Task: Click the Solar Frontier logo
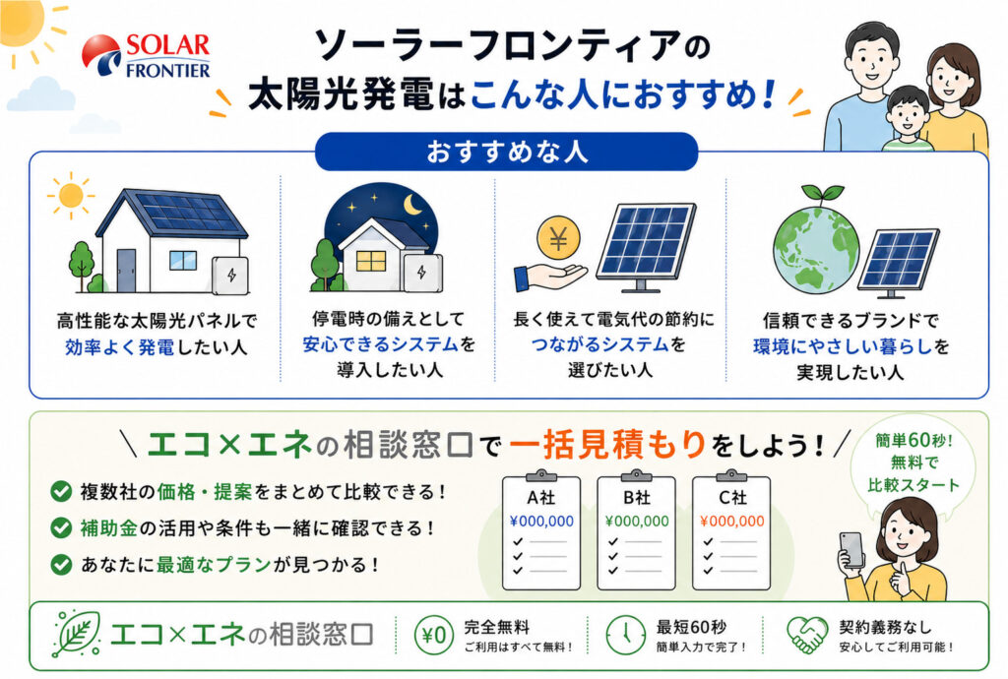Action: point(147,56)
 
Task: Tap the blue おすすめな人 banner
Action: point(507,152)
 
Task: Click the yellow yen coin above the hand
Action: point(558,239)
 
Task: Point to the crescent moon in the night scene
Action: point(412,205)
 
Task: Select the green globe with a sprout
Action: point(815,243)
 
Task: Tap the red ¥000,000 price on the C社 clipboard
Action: point(732,521)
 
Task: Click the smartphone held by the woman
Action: point(852,550)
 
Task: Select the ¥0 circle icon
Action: point(434,635)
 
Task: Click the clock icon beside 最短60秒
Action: point(625,635)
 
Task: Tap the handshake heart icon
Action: point(807,635)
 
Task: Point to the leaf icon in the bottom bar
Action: point(77,634)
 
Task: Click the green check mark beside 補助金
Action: point(61,528)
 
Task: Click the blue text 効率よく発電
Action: point(119,347)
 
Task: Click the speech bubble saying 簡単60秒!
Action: point(913,463)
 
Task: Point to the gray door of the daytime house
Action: point(126,271)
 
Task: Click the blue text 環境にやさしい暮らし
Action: point(843,347)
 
